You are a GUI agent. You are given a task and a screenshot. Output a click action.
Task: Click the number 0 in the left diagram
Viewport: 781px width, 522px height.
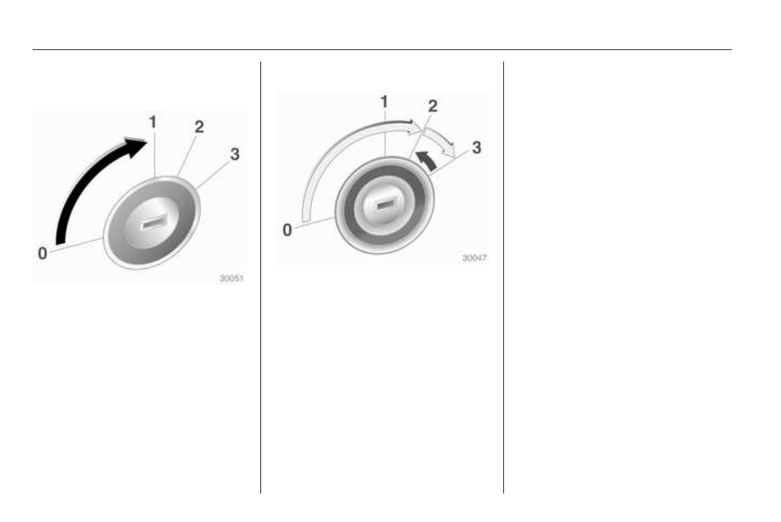tap(43, 253)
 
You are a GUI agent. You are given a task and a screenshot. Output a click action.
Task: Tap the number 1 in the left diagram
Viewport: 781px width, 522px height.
tap(153, 122)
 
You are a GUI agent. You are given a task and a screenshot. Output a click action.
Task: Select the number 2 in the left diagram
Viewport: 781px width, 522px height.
tap(199, 127)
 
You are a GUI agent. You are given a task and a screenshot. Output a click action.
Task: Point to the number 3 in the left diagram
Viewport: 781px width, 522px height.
tap(235, 154)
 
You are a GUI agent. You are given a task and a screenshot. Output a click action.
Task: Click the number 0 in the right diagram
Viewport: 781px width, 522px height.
tap(287, 230)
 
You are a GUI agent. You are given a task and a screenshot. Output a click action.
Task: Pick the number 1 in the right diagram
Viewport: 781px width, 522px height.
tap(384, 101)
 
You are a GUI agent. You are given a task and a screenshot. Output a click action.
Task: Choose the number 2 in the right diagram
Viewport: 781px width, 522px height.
tap(433, 106)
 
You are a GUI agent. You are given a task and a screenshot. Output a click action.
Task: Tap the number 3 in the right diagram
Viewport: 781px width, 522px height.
tap(476, 147)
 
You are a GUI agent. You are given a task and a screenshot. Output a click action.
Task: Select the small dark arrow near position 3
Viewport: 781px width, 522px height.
tap(427, 160)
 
